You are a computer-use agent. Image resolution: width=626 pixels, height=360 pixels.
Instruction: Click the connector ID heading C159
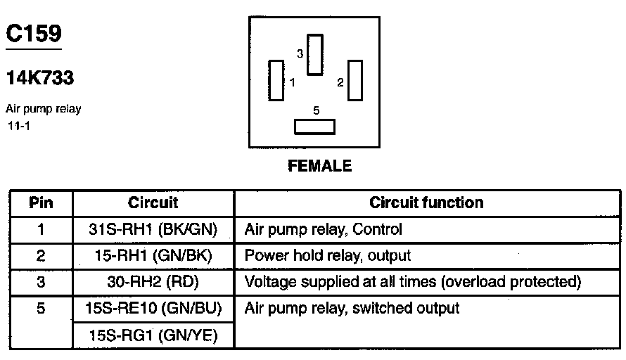33,33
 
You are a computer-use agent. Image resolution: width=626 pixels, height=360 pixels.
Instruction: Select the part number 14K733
40,78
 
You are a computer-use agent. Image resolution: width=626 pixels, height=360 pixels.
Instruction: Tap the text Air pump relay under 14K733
44,109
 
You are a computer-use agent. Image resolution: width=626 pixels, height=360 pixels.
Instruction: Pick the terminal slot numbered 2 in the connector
354,80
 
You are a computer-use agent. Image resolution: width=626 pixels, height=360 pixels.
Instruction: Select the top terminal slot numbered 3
315,54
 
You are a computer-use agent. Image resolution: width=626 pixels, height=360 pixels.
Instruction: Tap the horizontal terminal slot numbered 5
314,127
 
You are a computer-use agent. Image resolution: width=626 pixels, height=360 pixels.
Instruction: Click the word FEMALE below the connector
319,167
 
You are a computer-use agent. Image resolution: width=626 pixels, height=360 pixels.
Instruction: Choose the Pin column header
40,203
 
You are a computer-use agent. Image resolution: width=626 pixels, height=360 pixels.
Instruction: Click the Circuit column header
153,203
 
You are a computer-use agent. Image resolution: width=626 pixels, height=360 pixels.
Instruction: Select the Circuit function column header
426,203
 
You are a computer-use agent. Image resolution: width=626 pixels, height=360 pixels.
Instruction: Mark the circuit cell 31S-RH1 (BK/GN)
153,229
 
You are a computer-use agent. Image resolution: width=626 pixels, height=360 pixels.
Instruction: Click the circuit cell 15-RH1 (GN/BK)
153,256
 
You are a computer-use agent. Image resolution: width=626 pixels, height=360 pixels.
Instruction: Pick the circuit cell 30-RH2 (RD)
153,283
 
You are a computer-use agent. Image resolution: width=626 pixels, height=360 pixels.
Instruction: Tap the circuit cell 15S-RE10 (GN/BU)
153,309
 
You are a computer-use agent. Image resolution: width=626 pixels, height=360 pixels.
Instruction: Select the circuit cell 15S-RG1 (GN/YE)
153,336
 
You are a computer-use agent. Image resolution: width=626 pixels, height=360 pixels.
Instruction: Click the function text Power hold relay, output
327,256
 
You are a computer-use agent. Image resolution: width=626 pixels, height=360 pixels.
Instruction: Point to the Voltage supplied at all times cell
412,283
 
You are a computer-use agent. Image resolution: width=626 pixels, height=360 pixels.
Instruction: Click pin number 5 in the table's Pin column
40,309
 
